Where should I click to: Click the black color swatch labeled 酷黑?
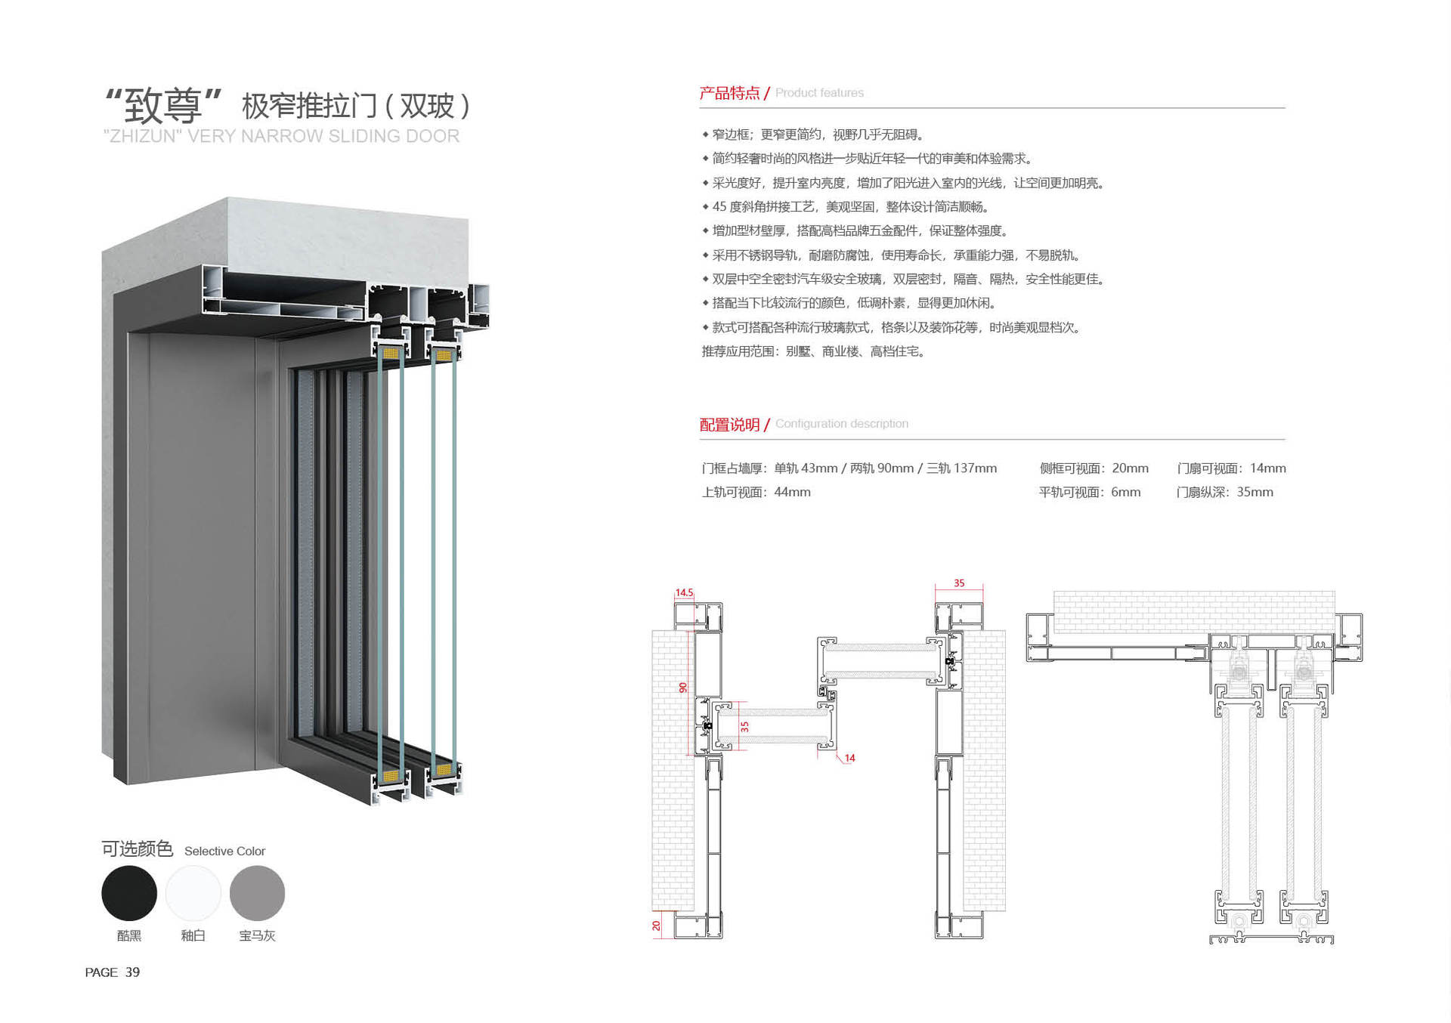pyautogui.click(x=129, y=893)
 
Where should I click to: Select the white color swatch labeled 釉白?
pyautogui.click(x=193, y=893)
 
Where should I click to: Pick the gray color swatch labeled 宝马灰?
pyautogui.click(x=257, y=893)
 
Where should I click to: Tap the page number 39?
pyautogui.click(x=132, y=972)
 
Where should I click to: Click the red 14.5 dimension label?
pyautogui.click(x=684, y=593)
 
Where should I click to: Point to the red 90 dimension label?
pyautogui.click(x=683, y=688)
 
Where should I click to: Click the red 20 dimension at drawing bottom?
pyautogui.click(x=656, y=926)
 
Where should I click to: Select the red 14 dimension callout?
pyautogui.click(x=849, y=758)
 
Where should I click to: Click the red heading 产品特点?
pyautogui.click(x=729, y=93)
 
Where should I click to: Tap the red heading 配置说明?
pyautogui.click(x=729, y=425)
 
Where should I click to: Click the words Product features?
pyautogui.click(x=819, y=93)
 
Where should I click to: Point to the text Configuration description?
pyautogui.click(x=842, y=424)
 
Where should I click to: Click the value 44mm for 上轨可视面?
pyautogui.click(x=793, y=492)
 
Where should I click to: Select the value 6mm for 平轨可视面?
pyautogui.click(x=1126, y=492)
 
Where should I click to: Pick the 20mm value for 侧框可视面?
pyautogui.click(x=1131, y=468)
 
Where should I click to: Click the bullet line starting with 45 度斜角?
pyautogui.click(x=845, y=207)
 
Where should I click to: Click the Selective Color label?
pyautogui.click(x=224, y=851)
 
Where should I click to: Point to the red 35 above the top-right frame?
pyautogui.click(x=959, y=583)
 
